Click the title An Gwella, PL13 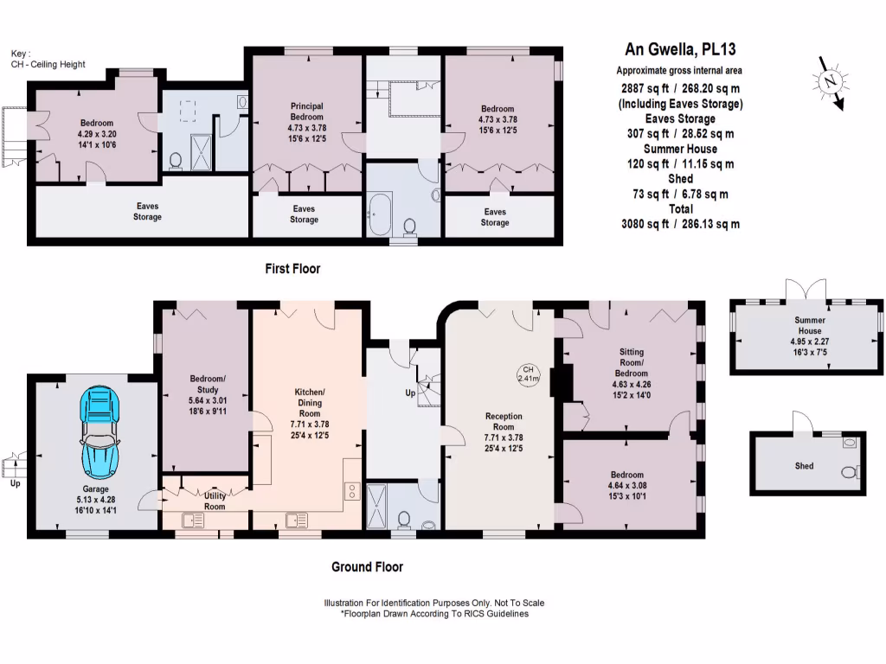(680, 50)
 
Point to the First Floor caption (292, 269)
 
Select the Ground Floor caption (367, 567)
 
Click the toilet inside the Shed (850, 472)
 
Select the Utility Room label (215, 501)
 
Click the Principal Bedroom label (306, 112)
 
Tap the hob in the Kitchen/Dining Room (353, 491)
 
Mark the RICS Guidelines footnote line (433, 614)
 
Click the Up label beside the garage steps (14, 483)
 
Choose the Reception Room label (503, 421)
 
